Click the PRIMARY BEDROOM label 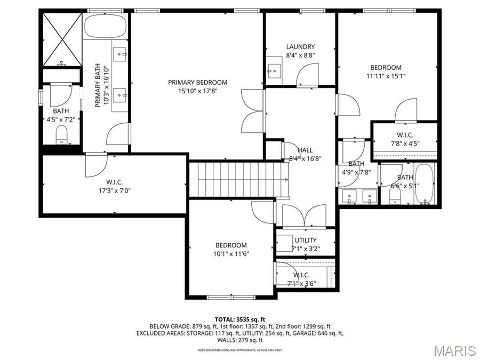pos(197,82)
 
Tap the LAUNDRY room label pos(300,47)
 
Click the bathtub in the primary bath pos(105,26)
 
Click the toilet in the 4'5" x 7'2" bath pos(62,135)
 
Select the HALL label pos(305,150)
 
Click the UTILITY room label pos(306,240)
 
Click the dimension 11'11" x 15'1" pos(386,76)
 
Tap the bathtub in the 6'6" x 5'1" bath pos(426,185)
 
